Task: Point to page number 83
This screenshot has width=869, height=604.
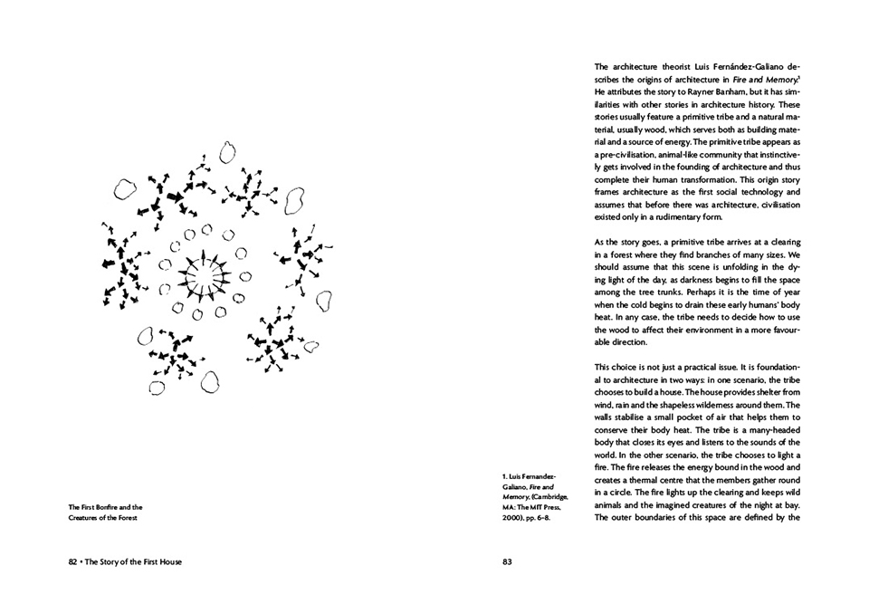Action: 507,561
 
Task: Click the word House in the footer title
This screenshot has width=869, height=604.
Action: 167,561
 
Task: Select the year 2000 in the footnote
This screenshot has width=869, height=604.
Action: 511,518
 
